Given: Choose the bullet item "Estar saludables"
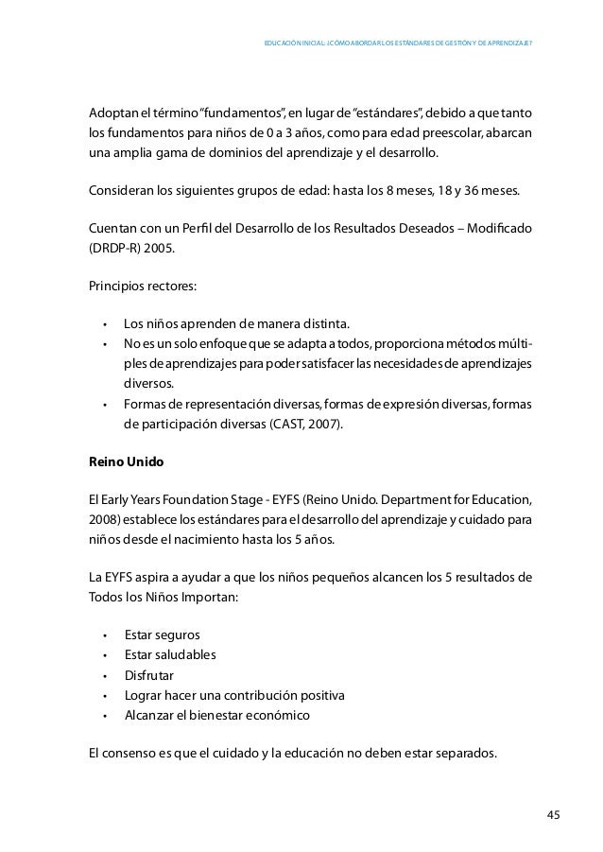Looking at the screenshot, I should pos(170,654).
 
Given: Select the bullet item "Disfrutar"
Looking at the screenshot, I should pos(148,675).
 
